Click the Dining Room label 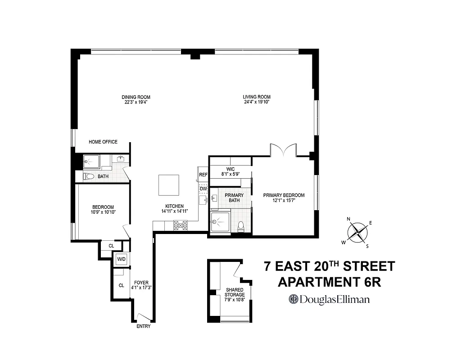[136, 97]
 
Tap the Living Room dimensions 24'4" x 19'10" [257, 102]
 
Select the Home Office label [103, 142]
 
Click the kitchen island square [169, 184]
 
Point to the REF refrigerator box [203, 175]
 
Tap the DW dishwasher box [203, 189]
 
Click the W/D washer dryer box [121, 259]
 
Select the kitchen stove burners [180, 225]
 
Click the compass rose [357, 233]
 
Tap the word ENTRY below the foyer [143, 326]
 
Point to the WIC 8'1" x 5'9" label [230, 171]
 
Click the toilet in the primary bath [241, 225]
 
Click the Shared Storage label [235, 292]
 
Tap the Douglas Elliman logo [329, 299]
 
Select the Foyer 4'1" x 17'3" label [141, 285]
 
